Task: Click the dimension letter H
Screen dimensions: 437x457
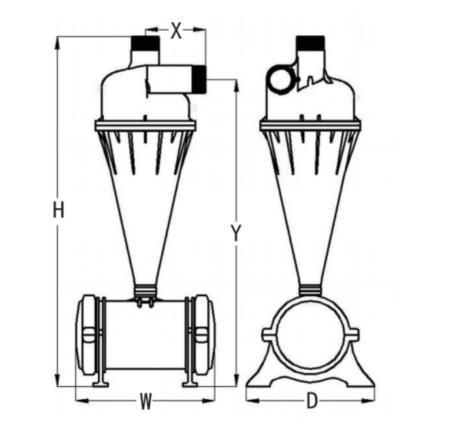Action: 59,211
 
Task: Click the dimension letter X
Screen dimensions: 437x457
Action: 176,30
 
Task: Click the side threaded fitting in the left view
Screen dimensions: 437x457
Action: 197,78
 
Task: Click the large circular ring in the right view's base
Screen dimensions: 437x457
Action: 311,335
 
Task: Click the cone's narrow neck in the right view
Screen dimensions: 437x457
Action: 311,288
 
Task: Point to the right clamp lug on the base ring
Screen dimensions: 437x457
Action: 355,335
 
